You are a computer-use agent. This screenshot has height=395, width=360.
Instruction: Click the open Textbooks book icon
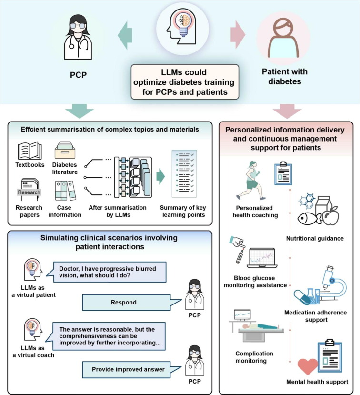(30, 151)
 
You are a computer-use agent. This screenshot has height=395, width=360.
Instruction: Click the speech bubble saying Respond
(123, 302)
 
